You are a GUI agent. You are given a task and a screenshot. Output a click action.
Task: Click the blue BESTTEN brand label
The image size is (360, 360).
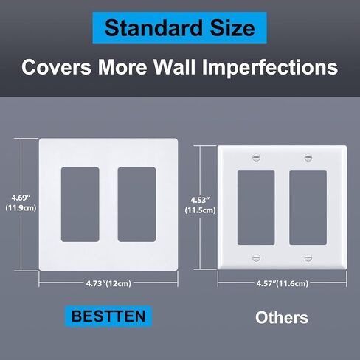coord(108,316)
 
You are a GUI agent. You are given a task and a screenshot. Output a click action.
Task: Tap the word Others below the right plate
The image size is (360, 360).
coord(282,317)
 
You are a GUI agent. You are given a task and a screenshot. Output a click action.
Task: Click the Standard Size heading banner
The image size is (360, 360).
coord(180,28)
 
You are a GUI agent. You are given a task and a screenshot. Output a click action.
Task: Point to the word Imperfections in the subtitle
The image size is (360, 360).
coord(270,67)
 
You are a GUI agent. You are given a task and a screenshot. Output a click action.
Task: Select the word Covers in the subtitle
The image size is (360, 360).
coord(56,67)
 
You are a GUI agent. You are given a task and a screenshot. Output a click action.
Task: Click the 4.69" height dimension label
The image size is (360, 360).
coord(21,198)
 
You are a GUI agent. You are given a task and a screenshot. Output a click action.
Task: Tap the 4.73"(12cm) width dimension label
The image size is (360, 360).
coord(108,283)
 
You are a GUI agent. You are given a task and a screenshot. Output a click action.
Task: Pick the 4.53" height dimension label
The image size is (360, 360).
coord(200,200)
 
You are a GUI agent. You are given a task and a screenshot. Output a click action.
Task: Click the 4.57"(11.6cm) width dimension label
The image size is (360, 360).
coord(283,283)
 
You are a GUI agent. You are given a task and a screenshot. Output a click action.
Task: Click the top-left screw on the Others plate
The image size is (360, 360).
coord(256,158)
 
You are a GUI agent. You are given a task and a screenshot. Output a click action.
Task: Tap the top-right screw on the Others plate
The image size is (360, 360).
coord(308,158)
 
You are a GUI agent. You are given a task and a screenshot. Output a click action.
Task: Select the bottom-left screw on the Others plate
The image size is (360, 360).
coord(256,258)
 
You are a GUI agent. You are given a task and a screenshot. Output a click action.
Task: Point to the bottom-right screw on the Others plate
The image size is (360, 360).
coord(308,258)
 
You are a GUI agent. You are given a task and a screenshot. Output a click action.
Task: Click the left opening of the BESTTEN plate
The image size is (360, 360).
coord(80,204)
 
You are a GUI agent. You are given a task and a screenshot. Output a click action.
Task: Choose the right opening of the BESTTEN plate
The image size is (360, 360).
coord(136,204)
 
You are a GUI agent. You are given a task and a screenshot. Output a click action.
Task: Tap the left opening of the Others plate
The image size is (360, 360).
coord(256,208)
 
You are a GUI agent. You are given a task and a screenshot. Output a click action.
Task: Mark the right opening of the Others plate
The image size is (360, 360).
coord(308,208)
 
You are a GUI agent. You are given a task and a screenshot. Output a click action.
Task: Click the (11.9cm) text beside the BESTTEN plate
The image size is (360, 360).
coord(21,208)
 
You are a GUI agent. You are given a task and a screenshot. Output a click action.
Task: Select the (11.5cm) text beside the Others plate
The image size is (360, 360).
coord(200,210)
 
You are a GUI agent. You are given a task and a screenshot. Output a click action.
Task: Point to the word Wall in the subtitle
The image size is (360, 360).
coord(175,67)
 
